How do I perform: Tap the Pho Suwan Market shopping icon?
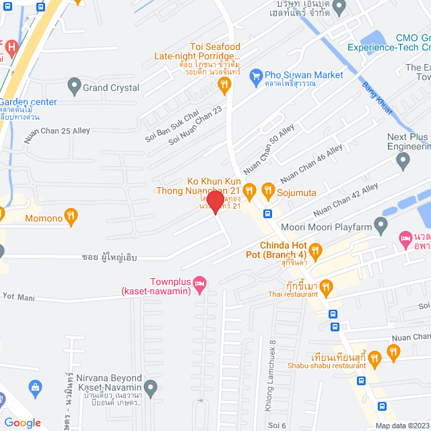point(255,75)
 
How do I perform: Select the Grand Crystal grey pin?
point(74,87)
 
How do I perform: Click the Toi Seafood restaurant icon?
point(225,84)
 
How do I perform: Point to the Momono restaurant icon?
point(71,217)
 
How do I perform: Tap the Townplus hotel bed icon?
point(199,285)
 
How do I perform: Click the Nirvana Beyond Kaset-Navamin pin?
point(151,387)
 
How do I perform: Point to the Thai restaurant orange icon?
point(327,288)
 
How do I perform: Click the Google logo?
point(22,422)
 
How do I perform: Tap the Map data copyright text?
point(401,425)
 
